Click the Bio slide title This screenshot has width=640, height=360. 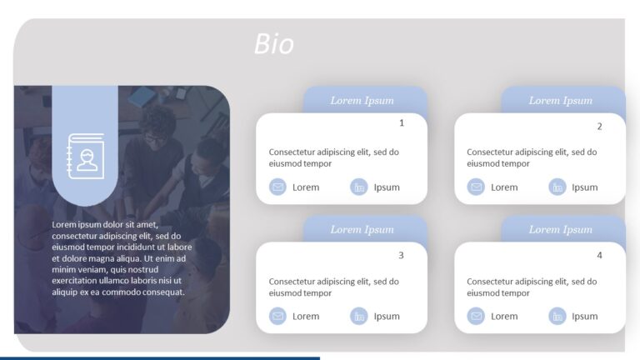click(274, 44)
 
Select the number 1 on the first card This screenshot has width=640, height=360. click(402, 123)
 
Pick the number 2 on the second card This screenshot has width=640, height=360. click(599, 127)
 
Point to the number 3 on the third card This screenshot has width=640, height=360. click(401, 255)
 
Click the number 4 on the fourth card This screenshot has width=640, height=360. click(599, 255)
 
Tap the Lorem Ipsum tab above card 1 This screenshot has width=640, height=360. click(362, 101)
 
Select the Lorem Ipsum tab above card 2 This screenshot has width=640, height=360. click(561, 101)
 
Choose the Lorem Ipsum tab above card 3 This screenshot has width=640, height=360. click(362, 230)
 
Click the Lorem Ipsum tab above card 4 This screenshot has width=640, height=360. click(561, 230)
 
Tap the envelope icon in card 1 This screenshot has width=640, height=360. click(277, 187)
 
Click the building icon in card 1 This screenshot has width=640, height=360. click(359, 187)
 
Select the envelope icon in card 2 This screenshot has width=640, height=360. click(476, 187)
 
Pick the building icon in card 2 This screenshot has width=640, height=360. click(557, 187)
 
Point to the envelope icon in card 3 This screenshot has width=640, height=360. click(277, 317)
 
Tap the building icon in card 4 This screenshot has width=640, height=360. click(557, 317)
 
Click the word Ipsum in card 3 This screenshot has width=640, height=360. click(387, 317)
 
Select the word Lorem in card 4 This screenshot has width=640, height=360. click(504, 317)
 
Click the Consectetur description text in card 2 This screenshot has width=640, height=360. click(532, 157)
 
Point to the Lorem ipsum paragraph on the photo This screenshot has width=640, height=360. click(122, 258)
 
